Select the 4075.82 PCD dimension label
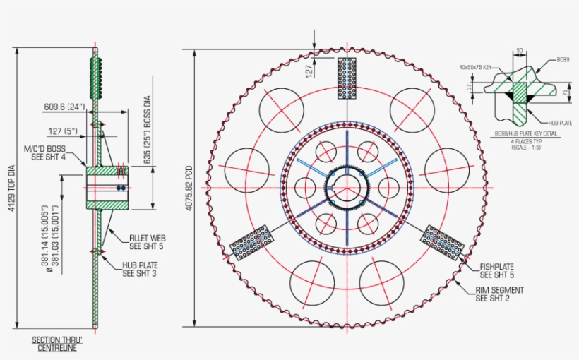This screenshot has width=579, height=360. (189, 189)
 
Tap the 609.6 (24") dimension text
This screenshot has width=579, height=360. (64, 107)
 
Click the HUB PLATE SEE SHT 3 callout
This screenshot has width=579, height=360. (140, 268)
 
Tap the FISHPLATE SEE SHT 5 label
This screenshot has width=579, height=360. (497, 270)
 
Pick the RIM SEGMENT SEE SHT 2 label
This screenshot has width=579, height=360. (500, 294)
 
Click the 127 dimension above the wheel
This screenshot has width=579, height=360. (309, 71)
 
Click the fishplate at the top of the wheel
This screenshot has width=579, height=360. (347, 78)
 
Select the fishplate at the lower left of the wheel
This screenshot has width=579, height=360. (251, 242)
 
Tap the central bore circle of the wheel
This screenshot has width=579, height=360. (347, 188)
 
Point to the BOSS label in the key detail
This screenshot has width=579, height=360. (562, 60)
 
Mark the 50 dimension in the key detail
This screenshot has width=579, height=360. (519, 51)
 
